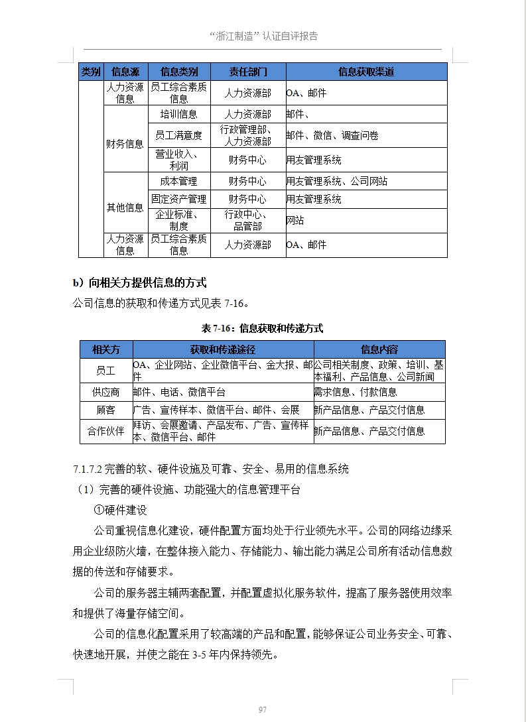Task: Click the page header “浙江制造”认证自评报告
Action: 263,36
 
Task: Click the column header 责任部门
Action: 247,72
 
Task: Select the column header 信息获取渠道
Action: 366,72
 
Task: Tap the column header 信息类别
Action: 178,72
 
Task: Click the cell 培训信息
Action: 178,114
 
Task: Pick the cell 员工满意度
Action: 178,135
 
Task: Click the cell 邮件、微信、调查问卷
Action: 332,135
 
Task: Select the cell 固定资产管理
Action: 178,199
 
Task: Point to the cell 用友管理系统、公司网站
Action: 337,181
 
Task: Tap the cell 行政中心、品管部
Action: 247,220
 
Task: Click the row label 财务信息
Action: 125,144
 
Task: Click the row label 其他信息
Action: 125,208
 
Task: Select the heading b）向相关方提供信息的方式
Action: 140,283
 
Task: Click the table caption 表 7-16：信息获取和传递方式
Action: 263,328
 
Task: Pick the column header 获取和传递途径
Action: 223,349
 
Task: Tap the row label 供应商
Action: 105,392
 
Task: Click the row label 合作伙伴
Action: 105,431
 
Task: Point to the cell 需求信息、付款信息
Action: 356,392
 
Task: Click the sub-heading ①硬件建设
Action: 121,510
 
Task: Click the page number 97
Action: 263,709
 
